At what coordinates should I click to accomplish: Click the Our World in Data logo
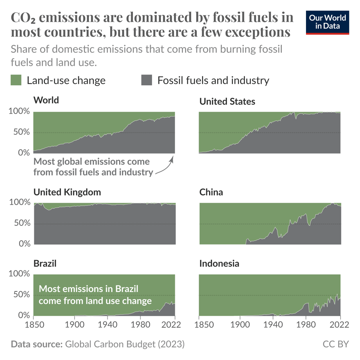[x=328, y=22]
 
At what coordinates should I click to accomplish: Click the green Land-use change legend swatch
[x=16, y=80]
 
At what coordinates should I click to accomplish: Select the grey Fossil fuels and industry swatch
[x=147, y=80]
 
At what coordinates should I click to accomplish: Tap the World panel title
[x=46, y=100]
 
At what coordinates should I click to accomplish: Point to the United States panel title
[x=227, y=102]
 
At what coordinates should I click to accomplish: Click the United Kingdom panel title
[x=67, y=192]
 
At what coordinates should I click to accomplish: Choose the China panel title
[x=211, y=192]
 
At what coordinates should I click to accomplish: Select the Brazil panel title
[x=45, y=264]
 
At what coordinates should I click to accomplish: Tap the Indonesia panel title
[x=219, y=264]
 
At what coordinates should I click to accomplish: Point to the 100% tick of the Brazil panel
[x=19, y=274]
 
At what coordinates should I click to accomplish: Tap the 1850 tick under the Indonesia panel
[x=199, y=325]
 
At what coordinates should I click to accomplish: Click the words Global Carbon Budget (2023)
[x=125, y=344]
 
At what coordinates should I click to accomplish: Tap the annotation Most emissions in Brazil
[x=88, y=289]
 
